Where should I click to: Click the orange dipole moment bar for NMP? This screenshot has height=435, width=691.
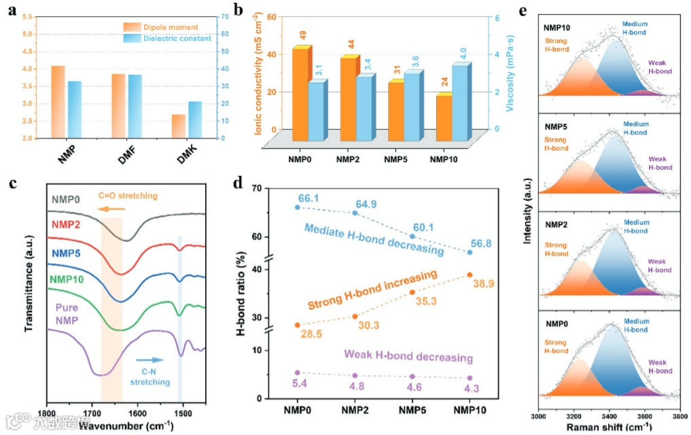(x=58, y=102)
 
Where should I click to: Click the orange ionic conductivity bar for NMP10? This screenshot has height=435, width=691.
(x=444, y=118)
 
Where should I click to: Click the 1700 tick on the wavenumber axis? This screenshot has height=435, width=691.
(x=92, y=412)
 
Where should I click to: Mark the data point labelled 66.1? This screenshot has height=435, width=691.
(x=297, y=207)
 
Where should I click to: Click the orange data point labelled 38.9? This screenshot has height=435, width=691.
(x=469, y=275)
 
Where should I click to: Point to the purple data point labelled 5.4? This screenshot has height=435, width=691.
(x=297, y=372)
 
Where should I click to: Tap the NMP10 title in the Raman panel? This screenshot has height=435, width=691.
(x=557, y=29)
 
